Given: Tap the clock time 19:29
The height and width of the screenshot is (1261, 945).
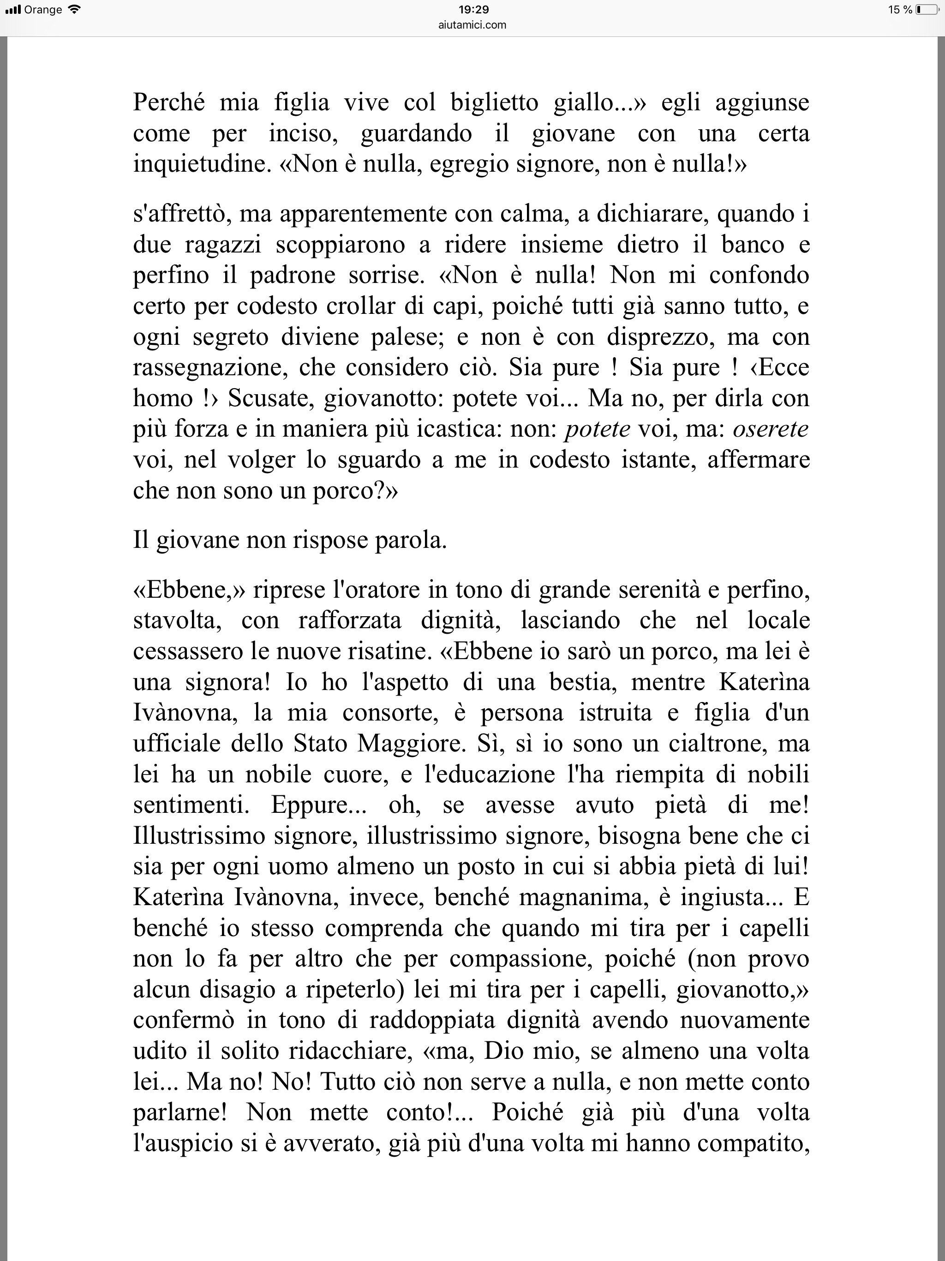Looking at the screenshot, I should (473, 10).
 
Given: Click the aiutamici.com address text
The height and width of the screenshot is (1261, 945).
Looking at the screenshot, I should (473, 24).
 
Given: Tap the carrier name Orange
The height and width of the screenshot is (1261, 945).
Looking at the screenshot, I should (43, 10).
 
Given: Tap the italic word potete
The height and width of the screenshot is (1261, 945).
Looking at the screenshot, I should (598, 429).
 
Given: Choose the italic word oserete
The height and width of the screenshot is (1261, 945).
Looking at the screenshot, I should (771, 429).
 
